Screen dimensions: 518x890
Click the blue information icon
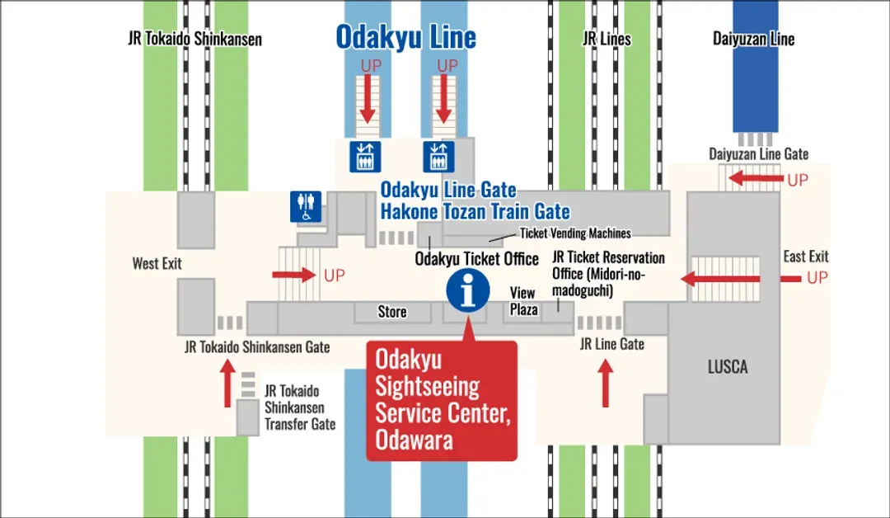[x=467, y=291]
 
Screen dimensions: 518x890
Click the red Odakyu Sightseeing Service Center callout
[x=441, y=400]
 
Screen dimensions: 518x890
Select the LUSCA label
[x=728, y=367]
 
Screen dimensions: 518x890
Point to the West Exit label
[x=157, y=264]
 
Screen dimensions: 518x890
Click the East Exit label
[x=805, y=257]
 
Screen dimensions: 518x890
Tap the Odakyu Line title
[x=405, y=37]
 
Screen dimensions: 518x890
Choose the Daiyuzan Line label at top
[x=753, y=39]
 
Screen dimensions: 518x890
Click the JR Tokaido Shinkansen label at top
[x=195, y=39]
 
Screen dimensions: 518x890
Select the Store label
[x=392, y=312]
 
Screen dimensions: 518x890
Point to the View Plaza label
[x=523, y=301]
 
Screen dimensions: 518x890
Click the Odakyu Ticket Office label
[x=476, y=259]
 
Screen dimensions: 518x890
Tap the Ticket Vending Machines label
[x=574, y=233]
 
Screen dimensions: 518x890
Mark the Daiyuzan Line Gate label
[x=758, y=154]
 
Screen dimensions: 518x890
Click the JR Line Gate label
[x=611, y=344]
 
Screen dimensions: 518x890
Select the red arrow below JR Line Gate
[x=606, y=385]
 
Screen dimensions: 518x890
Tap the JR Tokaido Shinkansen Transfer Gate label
[x=299, y=407]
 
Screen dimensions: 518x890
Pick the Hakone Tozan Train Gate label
[x=475, y=211]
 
